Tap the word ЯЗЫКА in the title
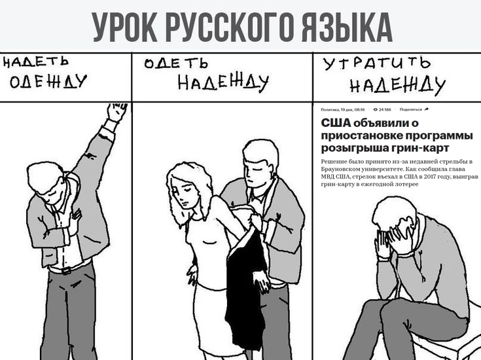tap(347, 27)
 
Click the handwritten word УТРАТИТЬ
tap(377, 64)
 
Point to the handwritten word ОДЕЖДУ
tap(48, 82)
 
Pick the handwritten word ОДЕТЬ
tap(176, 63)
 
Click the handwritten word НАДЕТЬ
tap(35, 62)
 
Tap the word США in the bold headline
tap(336, 123)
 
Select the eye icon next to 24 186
tap(376, 109)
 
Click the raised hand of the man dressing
tap(116, 112)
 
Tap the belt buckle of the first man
tap(66, 271)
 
